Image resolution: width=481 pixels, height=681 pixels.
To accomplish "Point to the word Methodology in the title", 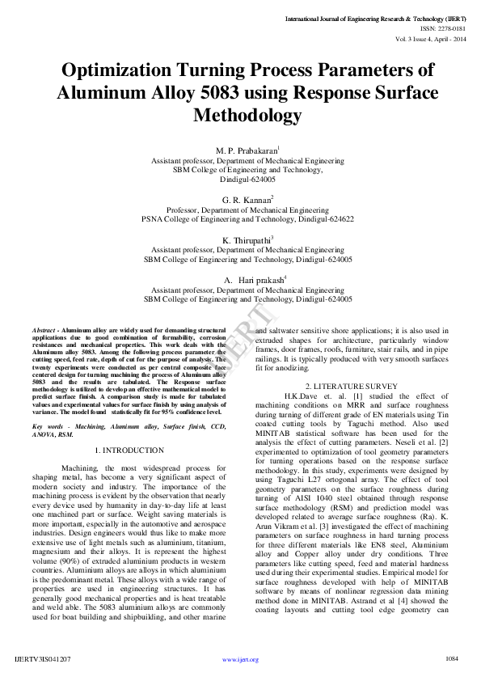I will pos(247,116).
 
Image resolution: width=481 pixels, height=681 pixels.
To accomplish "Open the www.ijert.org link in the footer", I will pos(240,660).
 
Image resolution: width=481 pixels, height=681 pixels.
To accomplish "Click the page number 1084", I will pos(451,658).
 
